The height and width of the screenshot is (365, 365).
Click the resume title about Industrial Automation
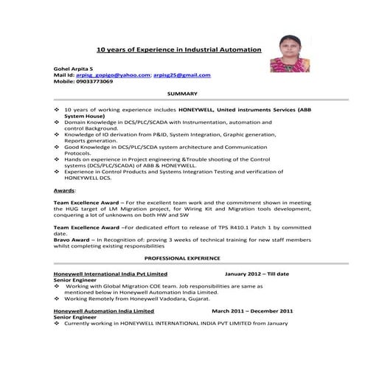[179, 49]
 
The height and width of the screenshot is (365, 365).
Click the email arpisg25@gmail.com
[181, 74]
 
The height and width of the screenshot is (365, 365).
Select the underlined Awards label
[64, 190]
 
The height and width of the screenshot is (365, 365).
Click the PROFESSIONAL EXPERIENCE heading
[182, 259]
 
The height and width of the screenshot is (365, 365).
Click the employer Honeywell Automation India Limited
[104, 311]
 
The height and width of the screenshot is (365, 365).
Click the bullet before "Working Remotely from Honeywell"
[58, 299]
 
